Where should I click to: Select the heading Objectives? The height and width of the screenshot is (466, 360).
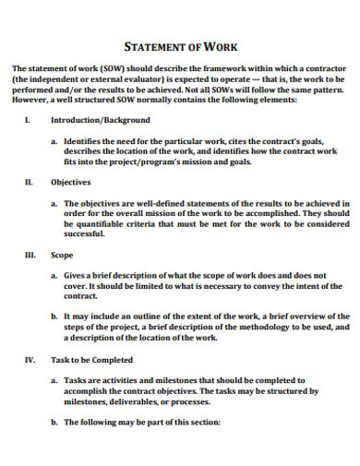coord(70,183)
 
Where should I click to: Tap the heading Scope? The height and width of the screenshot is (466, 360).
coord(62,255)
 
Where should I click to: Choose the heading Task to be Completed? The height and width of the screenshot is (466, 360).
coord(92,359)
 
